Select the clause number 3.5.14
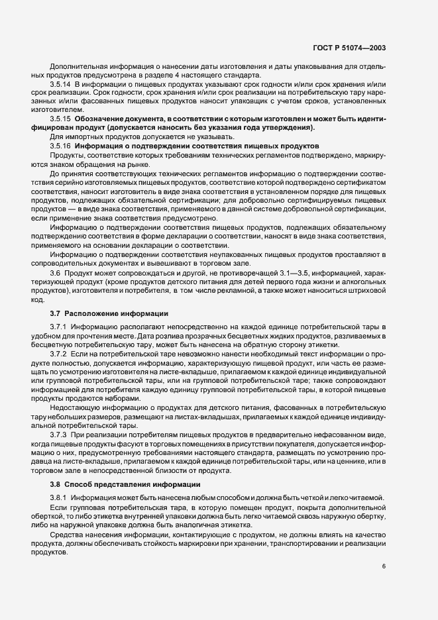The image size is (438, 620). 60,84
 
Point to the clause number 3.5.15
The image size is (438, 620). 60,119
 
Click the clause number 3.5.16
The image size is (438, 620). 60,144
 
